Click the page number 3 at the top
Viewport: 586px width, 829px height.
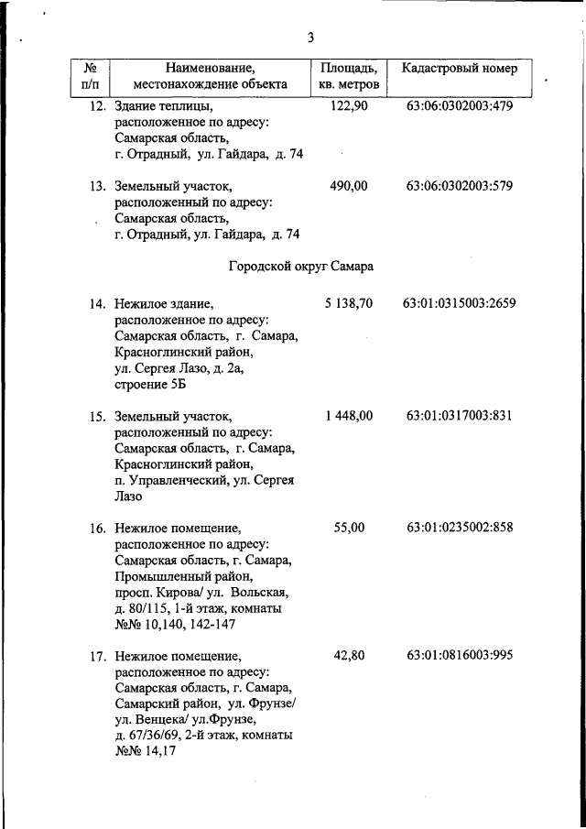310,38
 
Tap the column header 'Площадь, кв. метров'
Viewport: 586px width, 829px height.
348,76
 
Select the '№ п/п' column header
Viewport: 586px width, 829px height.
90,76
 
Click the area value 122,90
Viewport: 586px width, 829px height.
348,106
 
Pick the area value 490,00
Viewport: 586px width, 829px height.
348,186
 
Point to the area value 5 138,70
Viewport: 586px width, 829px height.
348,303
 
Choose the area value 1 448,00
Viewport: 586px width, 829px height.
348,416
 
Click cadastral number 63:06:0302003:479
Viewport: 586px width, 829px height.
459,106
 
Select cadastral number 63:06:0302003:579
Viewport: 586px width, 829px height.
459,186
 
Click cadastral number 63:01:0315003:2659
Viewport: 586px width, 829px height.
459,303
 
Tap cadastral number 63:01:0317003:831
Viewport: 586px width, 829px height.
459,416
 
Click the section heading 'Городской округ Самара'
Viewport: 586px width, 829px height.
299,267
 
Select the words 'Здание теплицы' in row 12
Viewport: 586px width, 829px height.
159,107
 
